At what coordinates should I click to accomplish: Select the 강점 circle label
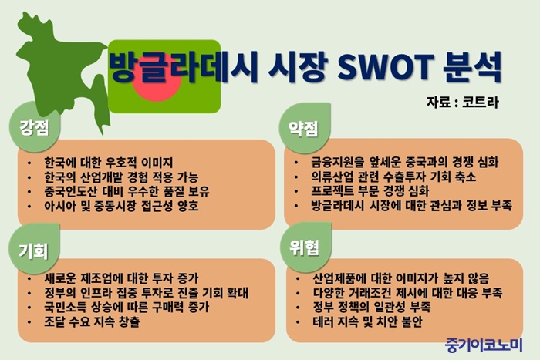pyautogui.click(x=35, y=127)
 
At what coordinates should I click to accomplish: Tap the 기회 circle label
pyautogui.click(x=34, y=250)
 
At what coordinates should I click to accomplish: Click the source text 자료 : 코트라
pyautogui.click(x=463, y=103)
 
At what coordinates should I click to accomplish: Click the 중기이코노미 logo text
pyautogui.click(x=484, y=345)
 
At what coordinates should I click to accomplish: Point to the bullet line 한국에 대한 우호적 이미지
pyautogui.click(x=109, y=162)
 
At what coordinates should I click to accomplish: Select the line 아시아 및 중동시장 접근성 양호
pyautogui.click(x=121, y=206)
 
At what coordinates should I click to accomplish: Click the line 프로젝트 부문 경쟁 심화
pyautogui.click(x=370, y=190)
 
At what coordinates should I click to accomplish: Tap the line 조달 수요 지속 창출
pyautogui.click(x=92, y=321)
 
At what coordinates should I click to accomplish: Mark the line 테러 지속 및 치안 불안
pyautogui.click(x=367, y=321)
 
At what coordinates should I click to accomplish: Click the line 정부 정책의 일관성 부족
pyautogui.click(x=372, y=307)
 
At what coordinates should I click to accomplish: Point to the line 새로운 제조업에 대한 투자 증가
pyautogui.click(x=121, y=278)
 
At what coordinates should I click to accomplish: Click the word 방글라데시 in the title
pyautogui.click(x=184, y=67)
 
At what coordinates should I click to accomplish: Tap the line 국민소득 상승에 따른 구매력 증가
pyautogui.click(x=127, y=307)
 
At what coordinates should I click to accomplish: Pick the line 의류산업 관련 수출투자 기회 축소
pyautogui.click(x=393, y=177)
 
